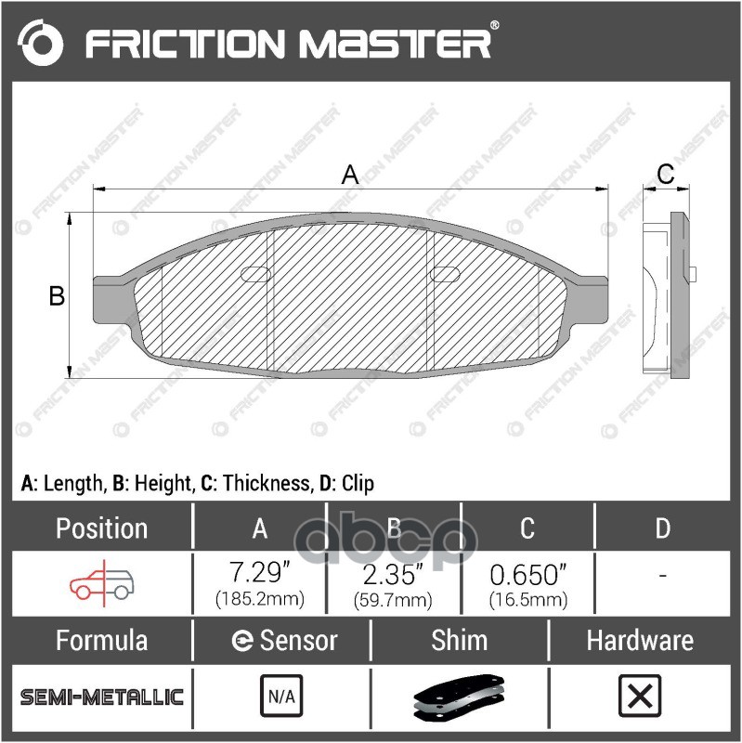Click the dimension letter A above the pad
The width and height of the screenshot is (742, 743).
click(350, 175)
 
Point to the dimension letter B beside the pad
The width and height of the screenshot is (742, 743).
click(57, 296)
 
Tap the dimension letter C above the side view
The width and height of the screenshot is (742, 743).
click(665, 174)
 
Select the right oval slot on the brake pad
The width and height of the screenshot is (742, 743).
click(445, 273)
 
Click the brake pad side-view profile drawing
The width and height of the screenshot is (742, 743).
click(667, 293)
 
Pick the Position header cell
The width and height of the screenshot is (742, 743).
click(101, 528)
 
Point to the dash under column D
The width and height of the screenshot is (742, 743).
click(662, 576)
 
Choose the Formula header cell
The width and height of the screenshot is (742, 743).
click(101, 640)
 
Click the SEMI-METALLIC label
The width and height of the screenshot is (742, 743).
click(102, 697)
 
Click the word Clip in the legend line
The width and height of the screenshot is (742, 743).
click(358, 483)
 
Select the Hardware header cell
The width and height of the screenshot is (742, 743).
click(639, 640)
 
